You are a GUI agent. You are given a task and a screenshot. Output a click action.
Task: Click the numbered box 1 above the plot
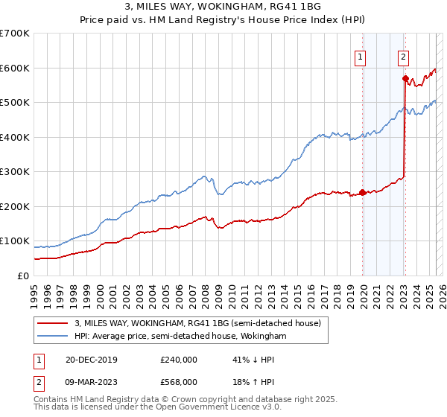(360, 55)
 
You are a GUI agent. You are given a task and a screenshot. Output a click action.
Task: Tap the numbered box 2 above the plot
(403, 55)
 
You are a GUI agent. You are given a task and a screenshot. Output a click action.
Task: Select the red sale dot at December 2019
(363, 192)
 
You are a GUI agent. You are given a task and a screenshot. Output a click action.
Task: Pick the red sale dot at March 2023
(405, 78)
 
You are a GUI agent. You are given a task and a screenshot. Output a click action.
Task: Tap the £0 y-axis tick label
(24, 276)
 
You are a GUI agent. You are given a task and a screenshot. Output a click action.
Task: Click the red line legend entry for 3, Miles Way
(197, 323)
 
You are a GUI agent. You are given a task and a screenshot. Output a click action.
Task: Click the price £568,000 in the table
(178, 382)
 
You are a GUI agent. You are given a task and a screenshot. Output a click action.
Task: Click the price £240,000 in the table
(178, 360)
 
